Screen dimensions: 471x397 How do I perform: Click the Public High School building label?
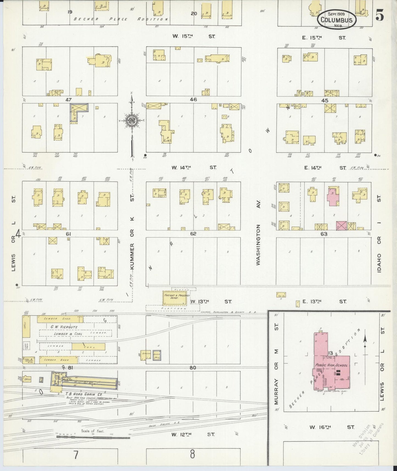(x=331, y=365)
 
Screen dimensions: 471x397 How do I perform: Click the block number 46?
(x=193, y=99)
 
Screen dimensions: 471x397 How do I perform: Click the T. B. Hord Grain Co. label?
(x=80, y=394)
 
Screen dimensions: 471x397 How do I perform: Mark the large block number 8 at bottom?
(x=192, y=454)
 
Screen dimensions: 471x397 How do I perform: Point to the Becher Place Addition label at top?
(x=121, y=19)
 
